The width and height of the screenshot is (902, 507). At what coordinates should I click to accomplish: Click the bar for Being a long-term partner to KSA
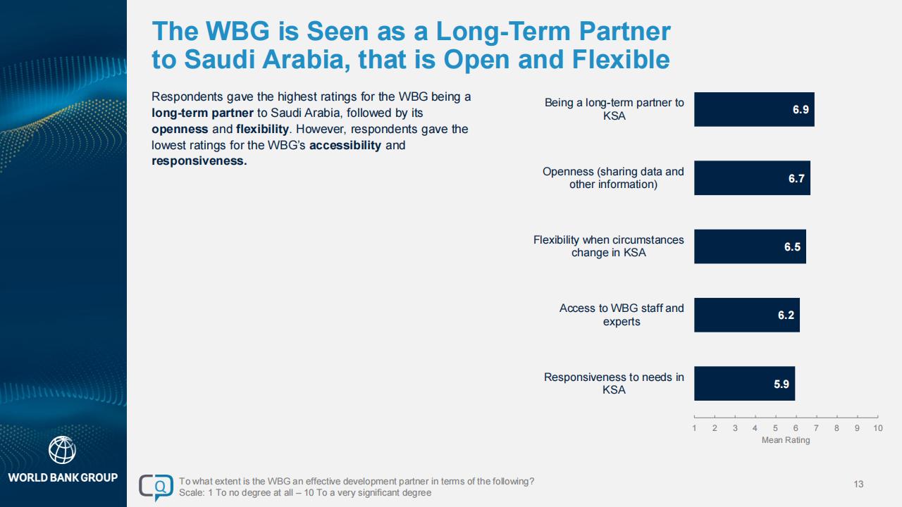tap(754, 109)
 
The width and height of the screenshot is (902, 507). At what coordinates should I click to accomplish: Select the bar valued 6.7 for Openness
tap(752, 178)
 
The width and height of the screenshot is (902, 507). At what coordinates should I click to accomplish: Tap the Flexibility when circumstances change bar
tap(750, 246)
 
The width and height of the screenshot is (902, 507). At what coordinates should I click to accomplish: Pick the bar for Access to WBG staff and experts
tap(747, 315)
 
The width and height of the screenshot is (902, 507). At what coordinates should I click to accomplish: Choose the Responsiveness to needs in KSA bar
tap(745, 384)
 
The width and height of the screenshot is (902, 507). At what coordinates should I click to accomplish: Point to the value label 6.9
tap(801, 109)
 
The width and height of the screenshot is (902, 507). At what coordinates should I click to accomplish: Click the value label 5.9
tap(781, 384)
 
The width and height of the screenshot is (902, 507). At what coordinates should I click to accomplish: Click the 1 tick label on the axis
tap(694, 428)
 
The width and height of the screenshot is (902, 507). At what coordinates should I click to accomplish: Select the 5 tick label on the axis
tap(775, 428)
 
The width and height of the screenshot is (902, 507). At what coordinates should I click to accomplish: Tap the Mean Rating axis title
tap(786, 440)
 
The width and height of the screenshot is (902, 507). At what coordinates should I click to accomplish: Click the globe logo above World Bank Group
tap(62, 450)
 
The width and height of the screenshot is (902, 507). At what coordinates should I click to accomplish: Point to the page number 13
tap(858, 484)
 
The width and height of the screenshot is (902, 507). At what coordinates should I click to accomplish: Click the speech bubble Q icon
tap(156, 487)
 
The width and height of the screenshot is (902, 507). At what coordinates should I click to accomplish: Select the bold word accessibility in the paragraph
tap(345, 145)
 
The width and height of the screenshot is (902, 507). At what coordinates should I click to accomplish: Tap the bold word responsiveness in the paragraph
tap(199, 161)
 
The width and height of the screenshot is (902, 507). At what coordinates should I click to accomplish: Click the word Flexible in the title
tap(621, 60)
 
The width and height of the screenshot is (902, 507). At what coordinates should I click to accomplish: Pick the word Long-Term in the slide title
tap(503, 32)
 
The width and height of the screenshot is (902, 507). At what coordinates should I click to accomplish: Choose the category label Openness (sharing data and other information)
tap(613, 178)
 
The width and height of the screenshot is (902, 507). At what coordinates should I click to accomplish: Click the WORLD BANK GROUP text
tap(63, 477)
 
